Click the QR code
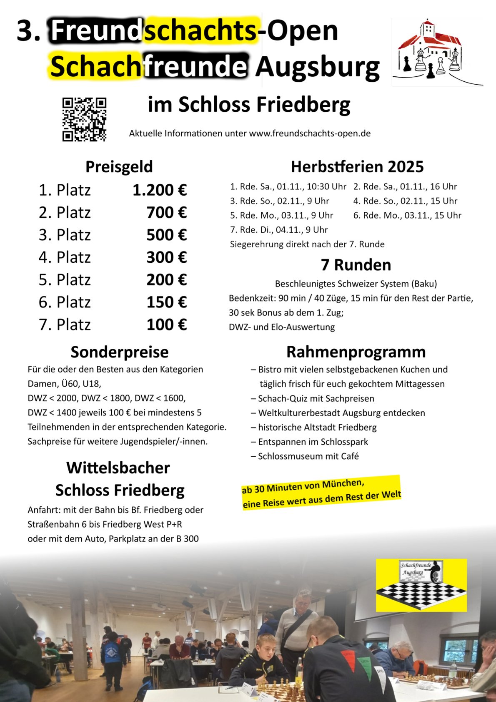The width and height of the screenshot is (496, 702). [x=84, y=119]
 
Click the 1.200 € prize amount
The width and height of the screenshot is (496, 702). [x=160, y=190]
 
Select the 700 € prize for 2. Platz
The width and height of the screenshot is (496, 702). [x=166, y=213]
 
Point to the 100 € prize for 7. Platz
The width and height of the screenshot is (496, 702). [x=166, y=325]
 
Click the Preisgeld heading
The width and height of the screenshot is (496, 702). [x=119, y=166]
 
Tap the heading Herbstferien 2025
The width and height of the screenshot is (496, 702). [x=357, y=166]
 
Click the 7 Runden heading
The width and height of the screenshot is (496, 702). [x=356, y=265]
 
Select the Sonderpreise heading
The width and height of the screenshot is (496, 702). [x=120, y=352]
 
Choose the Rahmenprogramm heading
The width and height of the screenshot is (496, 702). [x=356, y=352]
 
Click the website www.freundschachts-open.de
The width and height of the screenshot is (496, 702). [x=310, y=133]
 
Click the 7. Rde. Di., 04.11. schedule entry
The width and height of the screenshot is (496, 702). [x=279, y=230]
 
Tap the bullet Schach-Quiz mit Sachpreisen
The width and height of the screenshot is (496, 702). [x=316, y=398]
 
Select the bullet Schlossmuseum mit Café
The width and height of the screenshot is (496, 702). [x=308, y=456]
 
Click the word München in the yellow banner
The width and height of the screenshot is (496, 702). [x=342, y=484]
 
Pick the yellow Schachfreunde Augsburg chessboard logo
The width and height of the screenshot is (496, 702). [x=421, y=585]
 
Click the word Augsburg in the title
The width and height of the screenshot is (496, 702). [x=318, y=67]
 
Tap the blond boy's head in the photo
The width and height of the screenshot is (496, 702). [x=267, y=645]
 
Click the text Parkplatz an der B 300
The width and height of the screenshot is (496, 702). [x=153, y=538]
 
